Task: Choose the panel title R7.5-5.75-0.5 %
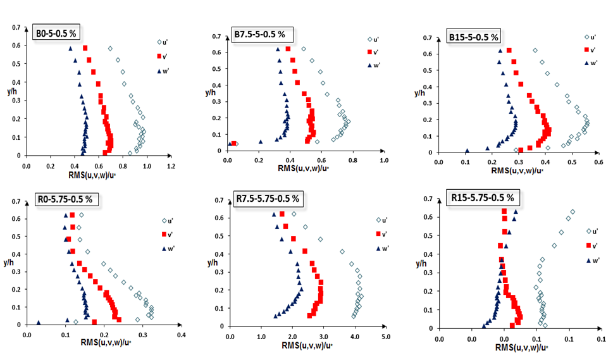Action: point(269,199)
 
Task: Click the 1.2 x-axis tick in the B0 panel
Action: point(170,166)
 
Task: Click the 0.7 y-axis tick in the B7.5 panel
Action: point(216,37)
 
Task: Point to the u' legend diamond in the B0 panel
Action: point(160,42)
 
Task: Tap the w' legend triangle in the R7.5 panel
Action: point(378,249)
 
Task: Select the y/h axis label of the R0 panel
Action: point(9,261)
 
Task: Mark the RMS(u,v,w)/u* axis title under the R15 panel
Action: point(521,347)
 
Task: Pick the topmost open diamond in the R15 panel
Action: point(573,212)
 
